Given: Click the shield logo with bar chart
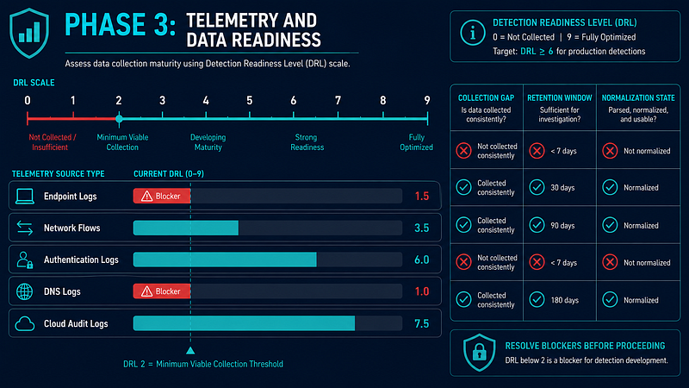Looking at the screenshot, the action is (x=29, y=33).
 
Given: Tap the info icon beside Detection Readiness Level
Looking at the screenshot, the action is (x=473, y=33).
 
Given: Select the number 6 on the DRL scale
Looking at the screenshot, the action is (x=293, y=101).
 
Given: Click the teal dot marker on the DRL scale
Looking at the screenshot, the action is (x=119, y=119).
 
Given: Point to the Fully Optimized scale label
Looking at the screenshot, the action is (x=416, y=142).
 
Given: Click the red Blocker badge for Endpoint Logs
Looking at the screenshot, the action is (x=162, y=197).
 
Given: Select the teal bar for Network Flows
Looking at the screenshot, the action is (x=186, y=228).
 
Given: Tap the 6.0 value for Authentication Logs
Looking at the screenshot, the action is (x=421, y=260).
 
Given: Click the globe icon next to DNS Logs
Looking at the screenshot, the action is (x=25, y=291).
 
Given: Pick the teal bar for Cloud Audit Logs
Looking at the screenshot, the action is (x=244, y=323).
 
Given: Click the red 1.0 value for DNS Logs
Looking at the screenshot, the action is (x=421, y=291).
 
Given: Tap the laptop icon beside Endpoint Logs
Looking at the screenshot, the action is (x=25, y=197).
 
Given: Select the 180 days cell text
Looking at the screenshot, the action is (x=565, y=300).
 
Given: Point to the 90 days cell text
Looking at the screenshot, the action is (x=562, y=226).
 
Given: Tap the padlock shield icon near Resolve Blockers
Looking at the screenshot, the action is (x=480, y=353).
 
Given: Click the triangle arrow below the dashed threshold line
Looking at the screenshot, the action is (x=190, y=351).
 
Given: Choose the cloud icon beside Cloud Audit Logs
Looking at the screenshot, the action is (x=25, y=324).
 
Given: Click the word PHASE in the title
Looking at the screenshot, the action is (x=105, y=25).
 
